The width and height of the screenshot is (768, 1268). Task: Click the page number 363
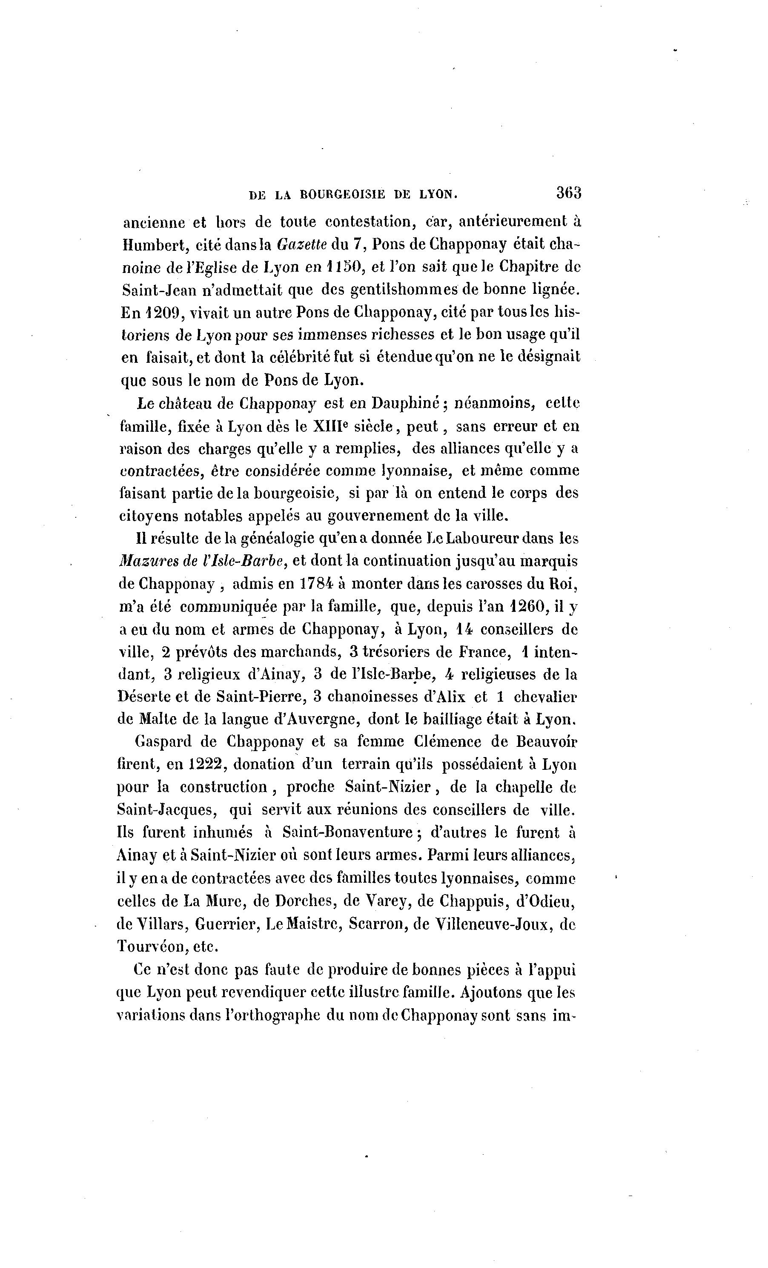568,193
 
